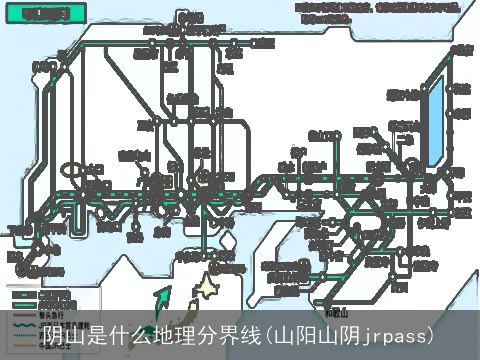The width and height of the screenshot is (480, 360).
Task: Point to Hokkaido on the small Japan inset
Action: coord(207,290)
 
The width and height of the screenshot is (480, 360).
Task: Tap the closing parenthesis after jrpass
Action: coord(430,334)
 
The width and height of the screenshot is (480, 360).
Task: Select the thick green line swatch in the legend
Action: coord(24,295)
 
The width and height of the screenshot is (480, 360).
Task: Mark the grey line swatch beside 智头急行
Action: coord(24,312)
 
